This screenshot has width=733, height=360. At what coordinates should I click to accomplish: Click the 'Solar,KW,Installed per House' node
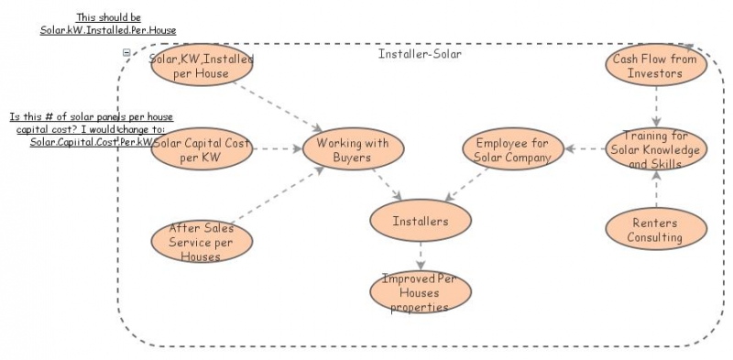click(x=202, y=66)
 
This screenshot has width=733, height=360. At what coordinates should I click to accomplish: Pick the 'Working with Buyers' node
click(x=353, y=149)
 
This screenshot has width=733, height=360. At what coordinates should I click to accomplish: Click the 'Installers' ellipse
click(x=421, y=221)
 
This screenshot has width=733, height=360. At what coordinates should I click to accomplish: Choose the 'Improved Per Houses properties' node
click(x=421, y=292)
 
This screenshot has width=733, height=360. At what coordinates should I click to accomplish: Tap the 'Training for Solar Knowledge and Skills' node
click(x=656, y=149)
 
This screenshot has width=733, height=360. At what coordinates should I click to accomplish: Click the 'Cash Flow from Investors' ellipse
click(x=656, y=66)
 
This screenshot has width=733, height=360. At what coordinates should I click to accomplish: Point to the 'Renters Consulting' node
click(x=656, y=230)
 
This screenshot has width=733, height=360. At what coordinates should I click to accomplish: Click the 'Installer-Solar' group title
click(x=420, y=54)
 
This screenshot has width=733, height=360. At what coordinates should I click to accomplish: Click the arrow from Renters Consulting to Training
click(x=656, y=190)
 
